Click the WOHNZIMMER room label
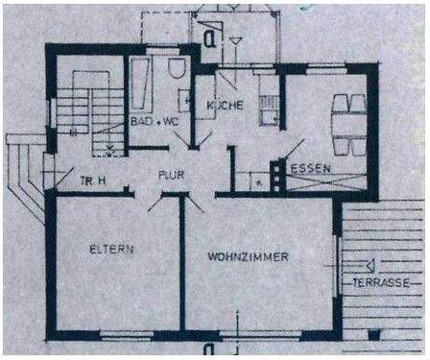click(249, 256)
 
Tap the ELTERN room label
click(112, 250)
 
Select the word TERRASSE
click(381, 283)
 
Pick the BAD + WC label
click(153, 123)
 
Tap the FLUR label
click(171, 176)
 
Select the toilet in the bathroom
click(175, 70)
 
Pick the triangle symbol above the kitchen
click(233, 41)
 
